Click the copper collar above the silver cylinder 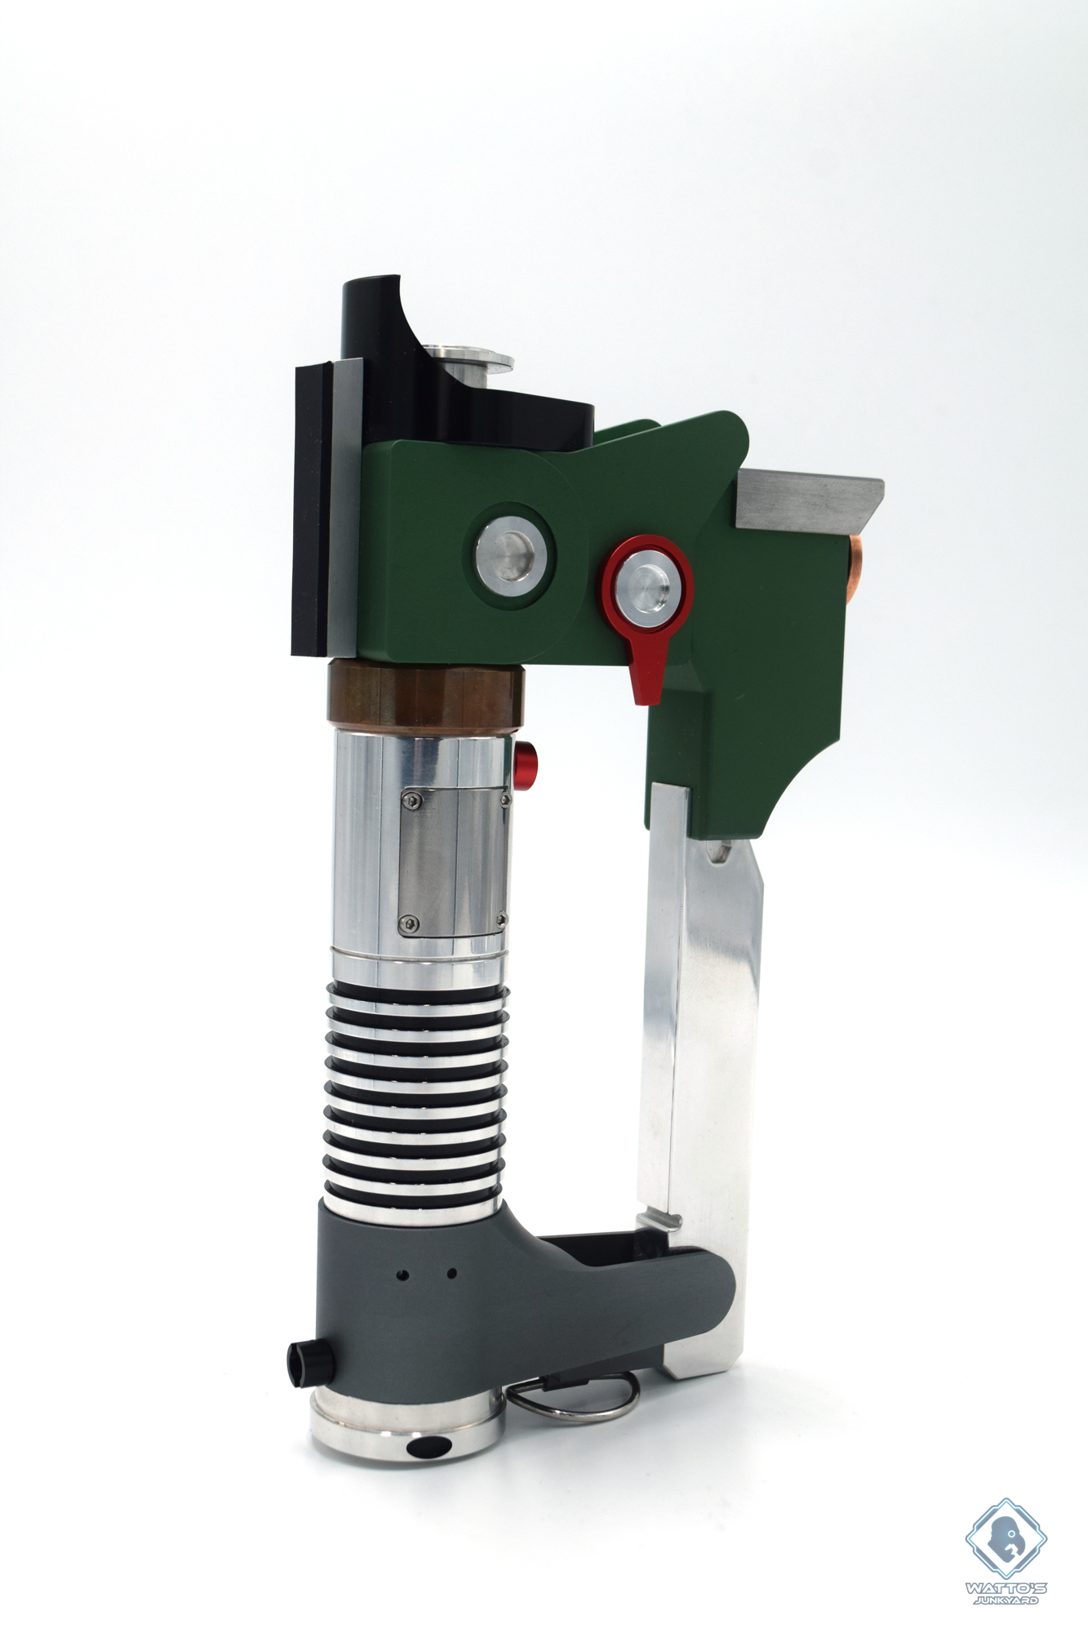(x=424, y=693)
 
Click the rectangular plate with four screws (x=456, y=861)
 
